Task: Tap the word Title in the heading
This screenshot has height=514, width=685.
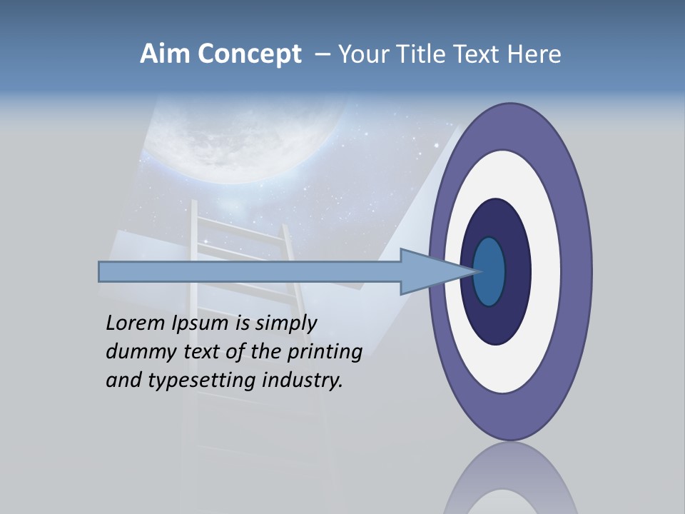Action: tap(417, 54)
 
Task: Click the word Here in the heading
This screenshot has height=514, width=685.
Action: tap(534, 54)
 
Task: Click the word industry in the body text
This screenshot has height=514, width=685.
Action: tap(303, 381)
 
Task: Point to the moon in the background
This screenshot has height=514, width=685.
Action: tap(243, 132)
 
